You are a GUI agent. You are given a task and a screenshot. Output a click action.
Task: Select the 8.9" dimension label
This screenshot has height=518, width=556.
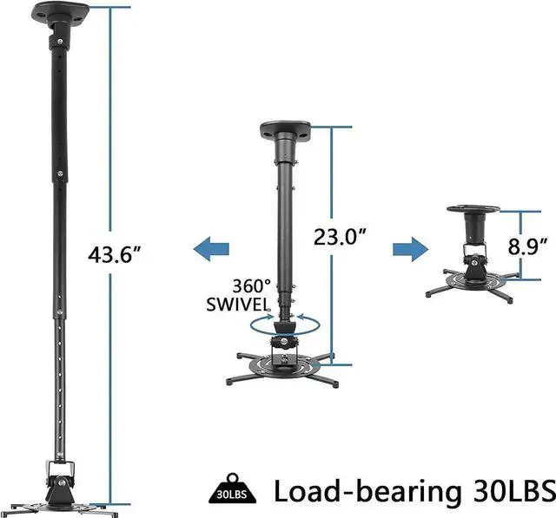click(x=529, y=246)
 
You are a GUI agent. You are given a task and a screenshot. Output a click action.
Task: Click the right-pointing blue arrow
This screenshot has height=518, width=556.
click(x=404, y=250)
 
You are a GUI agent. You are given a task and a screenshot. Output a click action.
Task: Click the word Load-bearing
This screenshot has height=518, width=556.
click(x=369, y=490)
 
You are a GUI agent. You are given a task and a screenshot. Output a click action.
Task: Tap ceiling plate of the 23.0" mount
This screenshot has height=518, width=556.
click(x=284, y=132)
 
